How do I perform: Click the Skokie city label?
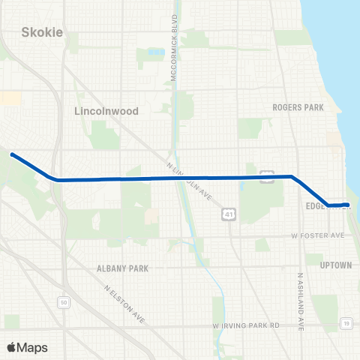click(x=43, y=32)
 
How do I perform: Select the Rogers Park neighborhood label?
click(x=298, y=107)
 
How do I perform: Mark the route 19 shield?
click(x=346, y=323)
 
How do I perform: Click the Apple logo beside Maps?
click(x=12, y=347)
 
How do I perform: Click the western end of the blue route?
click(x=12, y=154)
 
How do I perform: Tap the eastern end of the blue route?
click(x=347, y=204)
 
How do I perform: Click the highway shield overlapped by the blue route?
click(x=265, y=175)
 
